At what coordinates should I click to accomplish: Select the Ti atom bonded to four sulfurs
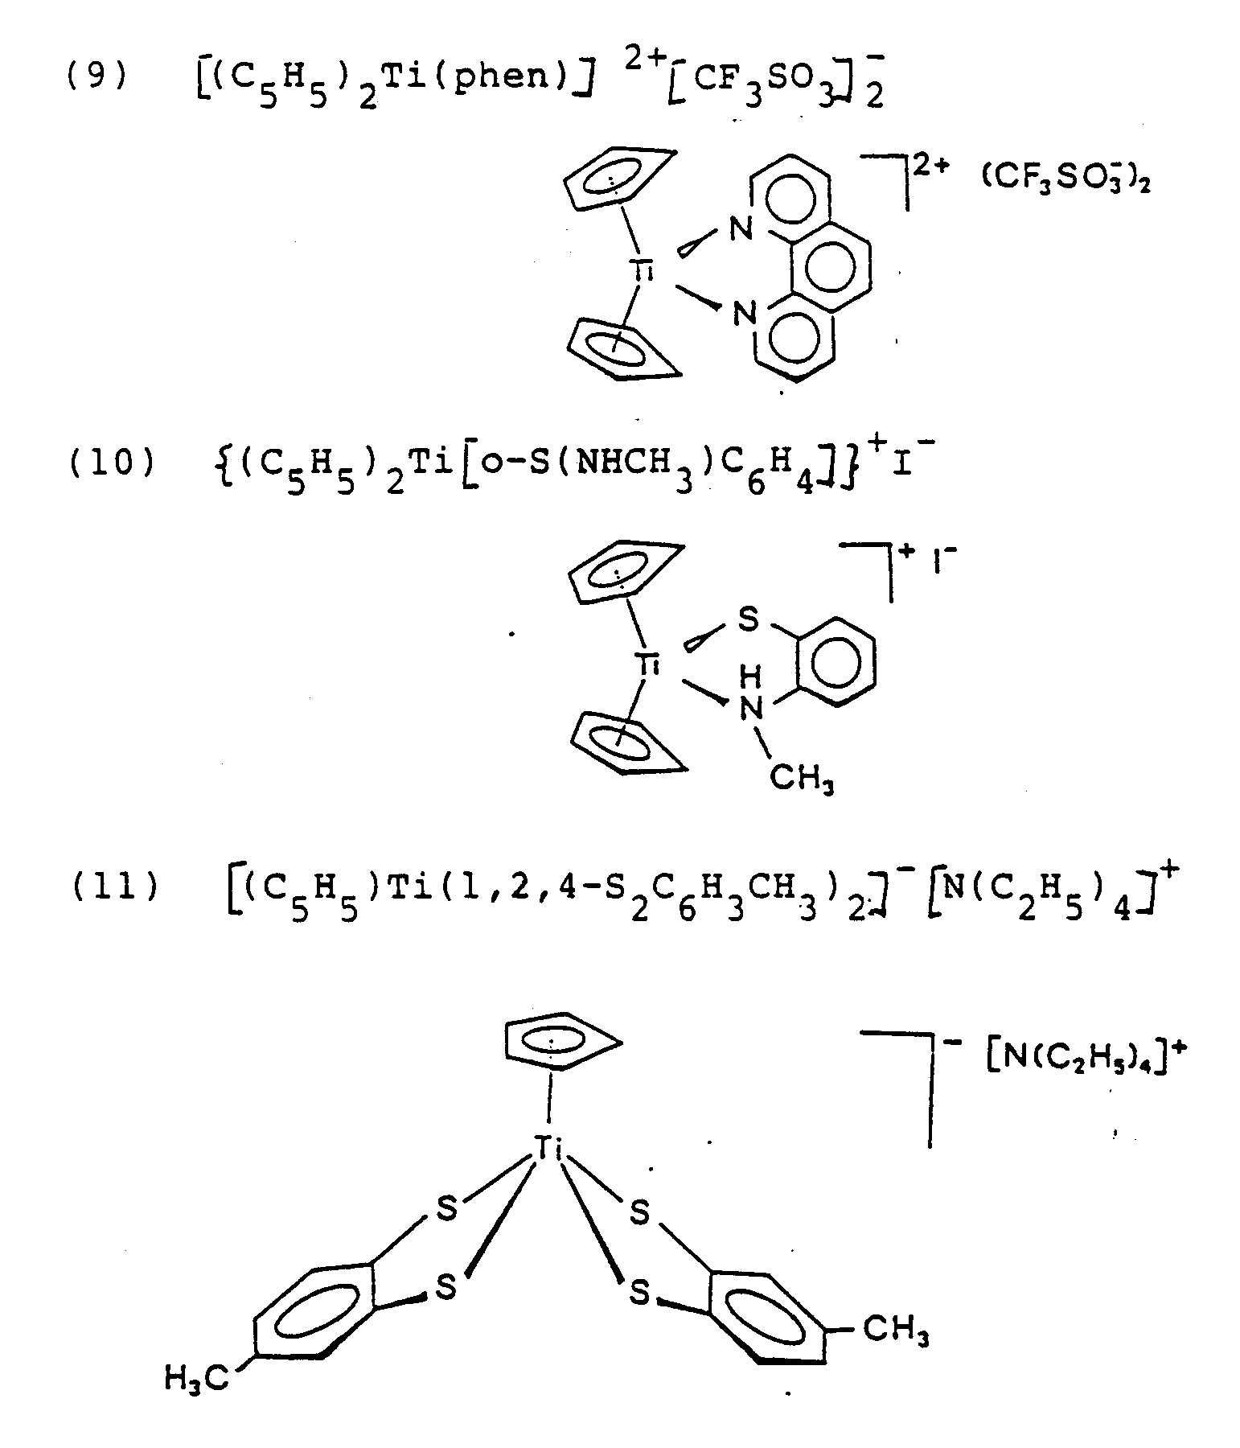click(x=548, y=1148)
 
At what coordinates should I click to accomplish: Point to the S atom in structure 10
click(x=748, y=619)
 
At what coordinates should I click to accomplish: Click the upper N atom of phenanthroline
click(x=741, y=229)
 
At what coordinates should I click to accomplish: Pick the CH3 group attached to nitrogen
click(x=801, y=777)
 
